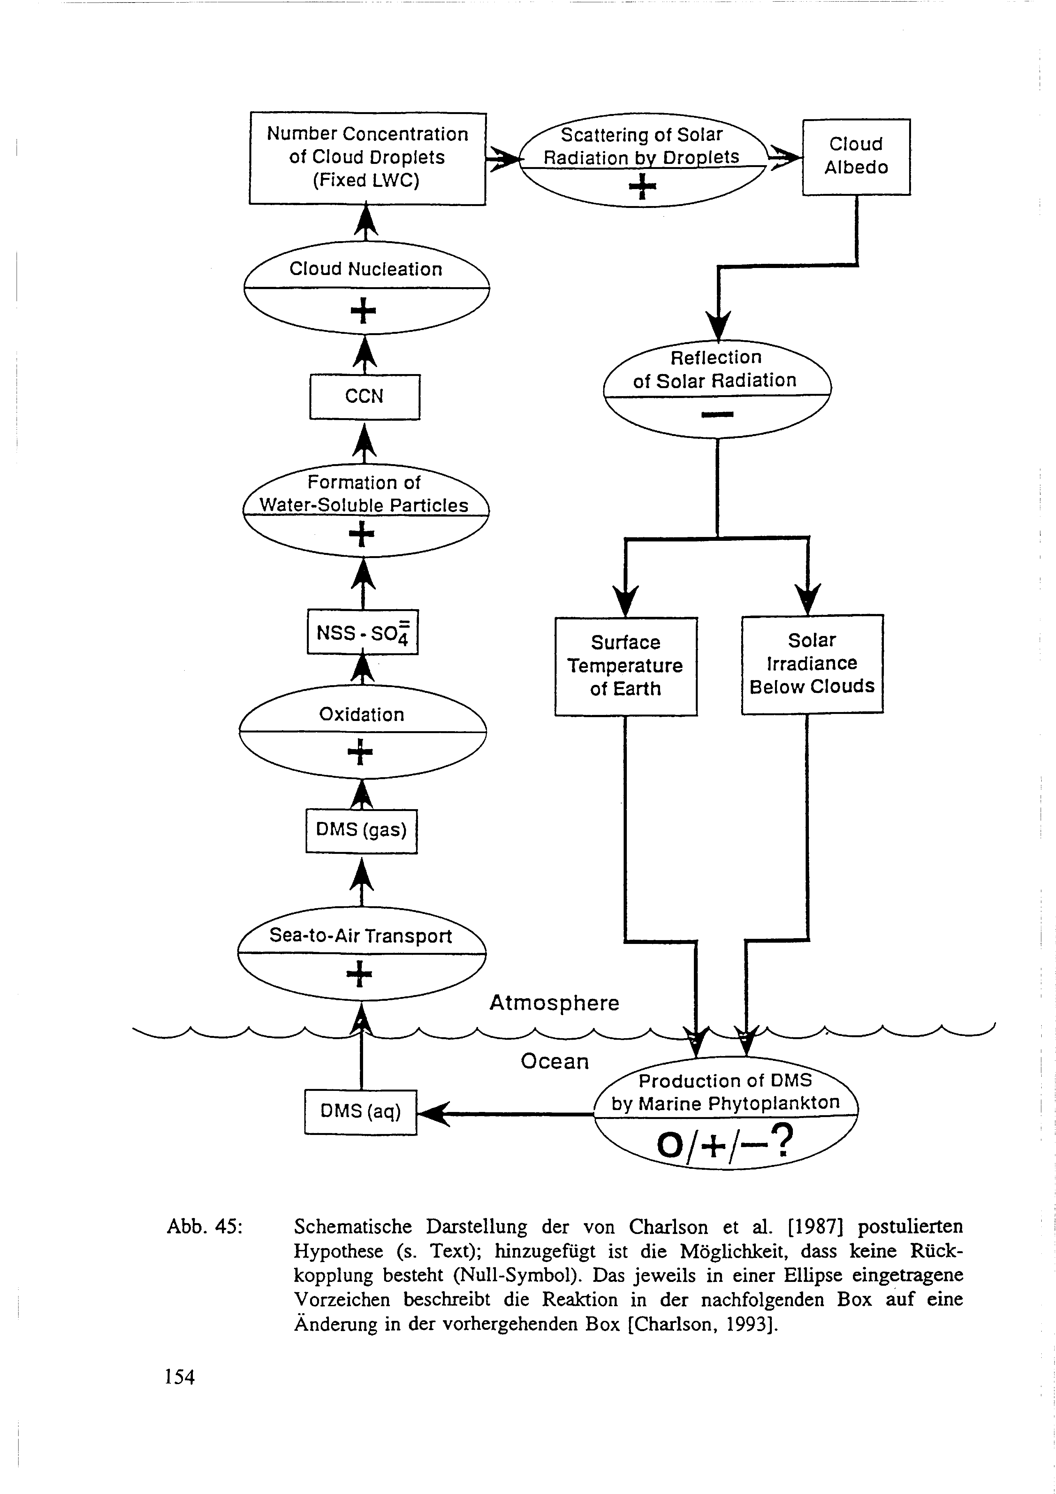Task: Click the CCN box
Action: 364,396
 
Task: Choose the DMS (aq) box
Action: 361,1111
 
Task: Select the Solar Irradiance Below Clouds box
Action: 812,664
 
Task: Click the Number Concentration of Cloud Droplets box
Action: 368,157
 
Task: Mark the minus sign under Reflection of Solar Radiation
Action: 717,415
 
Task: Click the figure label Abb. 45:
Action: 204,1227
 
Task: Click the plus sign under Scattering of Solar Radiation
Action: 642,187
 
